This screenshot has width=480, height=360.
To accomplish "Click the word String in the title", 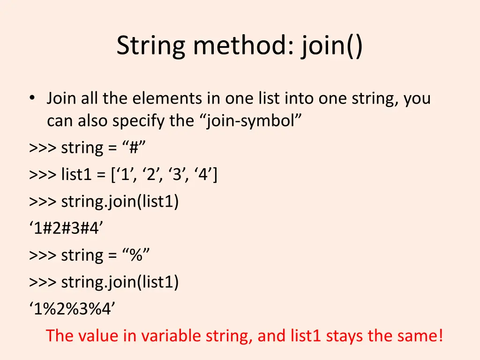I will click(150, 47).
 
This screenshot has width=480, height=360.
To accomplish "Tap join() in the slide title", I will click(332, 47).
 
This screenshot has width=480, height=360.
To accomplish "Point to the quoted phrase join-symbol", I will click(253, 121).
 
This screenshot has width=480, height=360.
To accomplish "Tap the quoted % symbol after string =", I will click(136, 255).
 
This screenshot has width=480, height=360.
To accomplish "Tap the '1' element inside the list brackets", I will click(126, 175).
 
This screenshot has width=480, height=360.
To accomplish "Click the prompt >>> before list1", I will click(43, 175).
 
